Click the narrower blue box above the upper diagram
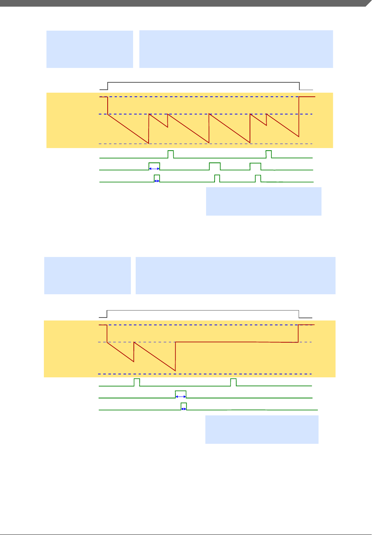pos(90,49)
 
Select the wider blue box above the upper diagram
pos(236,49)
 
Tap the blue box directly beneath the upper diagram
pos(264,201)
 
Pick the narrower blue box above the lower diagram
pos(87,275)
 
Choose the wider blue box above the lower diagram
pos(236,275)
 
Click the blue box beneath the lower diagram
pos(262,429)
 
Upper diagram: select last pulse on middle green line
pos(255,166)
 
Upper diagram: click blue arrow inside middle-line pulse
pos(154,168)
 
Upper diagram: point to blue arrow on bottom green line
pos(157,181)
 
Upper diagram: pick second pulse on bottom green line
pos(217,178)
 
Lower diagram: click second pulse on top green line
pos(233,382)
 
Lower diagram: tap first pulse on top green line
pos(137,382)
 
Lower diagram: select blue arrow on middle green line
pos(181,396)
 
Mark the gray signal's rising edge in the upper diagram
pos(108,86)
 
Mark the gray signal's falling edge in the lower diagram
pos(299,314)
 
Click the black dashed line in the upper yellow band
pos(206,144)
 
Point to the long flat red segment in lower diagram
pos(236,342)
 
